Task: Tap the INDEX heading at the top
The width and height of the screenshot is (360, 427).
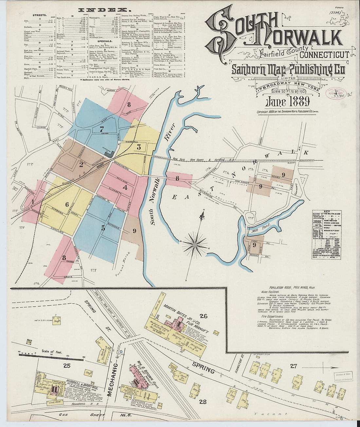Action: coord(99,10)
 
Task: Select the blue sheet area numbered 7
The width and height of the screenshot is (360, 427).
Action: coord(102,129)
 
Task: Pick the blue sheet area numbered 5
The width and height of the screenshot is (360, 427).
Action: coord(103,228)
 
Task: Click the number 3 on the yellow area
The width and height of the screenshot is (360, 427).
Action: coord(139,147)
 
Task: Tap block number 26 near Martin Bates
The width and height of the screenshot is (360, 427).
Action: coord(204,316)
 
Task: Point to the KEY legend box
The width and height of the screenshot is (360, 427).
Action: coord(326,235)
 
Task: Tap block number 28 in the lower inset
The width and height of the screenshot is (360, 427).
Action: coord(203,401)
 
